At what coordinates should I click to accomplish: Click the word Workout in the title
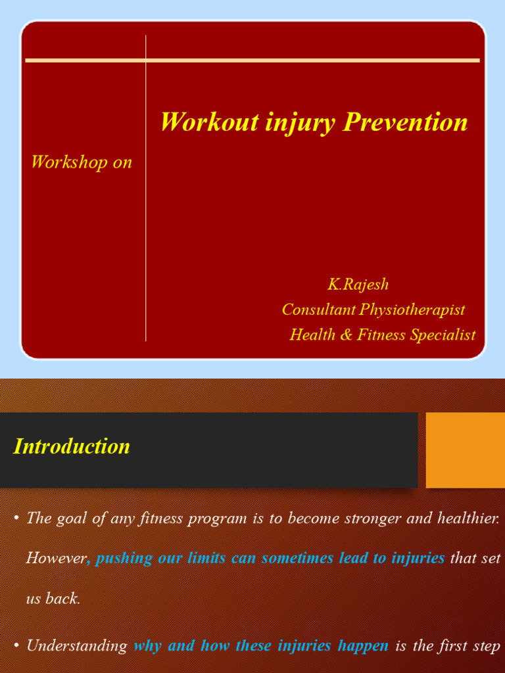tap(210, 122)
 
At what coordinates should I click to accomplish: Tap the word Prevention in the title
tap(405, 122)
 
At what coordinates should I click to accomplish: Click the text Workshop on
tap(82, 162)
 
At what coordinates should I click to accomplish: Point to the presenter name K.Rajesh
tap(358, 284)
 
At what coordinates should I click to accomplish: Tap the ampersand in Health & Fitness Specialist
tap(345, 335)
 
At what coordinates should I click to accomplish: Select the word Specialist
tap(443, 335)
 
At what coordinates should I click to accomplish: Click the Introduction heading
tap(71, 446)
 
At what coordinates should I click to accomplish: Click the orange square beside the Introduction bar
tap(466, 450)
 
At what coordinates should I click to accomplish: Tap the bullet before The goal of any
tap(16, 519)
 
